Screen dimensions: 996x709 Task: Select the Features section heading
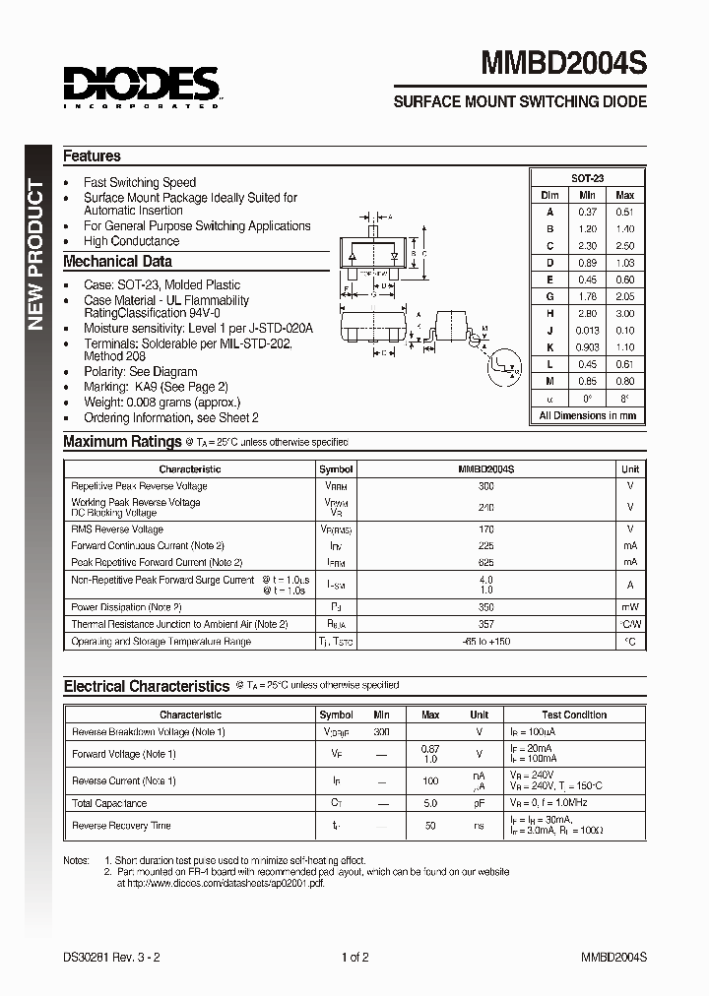coord(92,156)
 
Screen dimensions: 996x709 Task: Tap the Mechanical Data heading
coord(117,262)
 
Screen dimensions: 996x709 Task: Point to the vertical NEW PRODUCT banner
coord(36,255)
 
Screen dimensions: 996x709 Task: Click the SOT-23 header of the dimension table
coord(587,178)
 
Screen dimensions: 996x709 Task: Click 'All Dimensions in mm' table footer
coord(587,415)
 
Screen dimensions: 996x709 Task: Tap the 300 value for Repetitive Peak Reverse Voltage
coord(485,486)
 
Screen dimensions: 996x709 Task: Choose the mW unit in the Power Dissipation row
coord(630,607)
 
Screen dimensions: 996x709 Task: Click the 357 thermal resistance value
coord(485,624)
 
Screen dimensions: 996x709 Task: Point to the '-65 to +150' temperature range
coord(485,642)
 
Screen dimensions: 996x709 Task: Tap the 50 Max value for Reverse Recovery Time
coord(430,826)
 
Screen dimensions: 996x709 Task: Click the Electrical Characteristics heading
coord(146,686)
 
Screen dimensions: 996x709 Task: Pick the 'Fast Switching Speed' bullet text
coord(140,182)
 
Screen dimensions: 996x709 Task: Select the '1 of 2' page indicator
coord(354,957)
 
